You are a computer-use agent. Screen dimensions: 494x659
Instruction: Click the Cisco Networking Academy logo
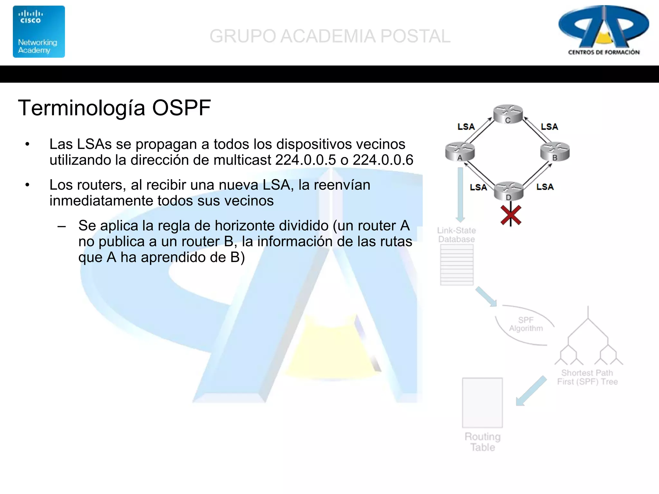coord(39,32)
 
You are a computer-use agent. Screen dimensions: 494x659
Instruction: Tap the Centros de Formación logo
coord(604,31)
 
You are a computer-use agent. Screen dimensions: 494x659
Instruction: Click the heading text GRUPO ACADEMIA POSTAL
coord(330,36)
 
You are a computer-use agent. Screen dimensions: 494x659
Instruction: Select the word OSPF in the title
coord(181,108)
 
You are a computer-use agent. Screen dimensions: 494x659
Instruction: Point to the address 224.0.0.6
coord(383,160)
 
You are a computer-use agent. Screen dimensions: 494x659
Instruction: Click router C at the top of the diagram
coord(508,114)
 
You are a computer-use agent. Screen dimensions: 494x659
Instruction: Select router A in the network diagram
coord(460,151)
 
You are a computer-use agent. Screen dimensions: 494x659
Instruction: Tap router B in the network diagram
coord(555,151)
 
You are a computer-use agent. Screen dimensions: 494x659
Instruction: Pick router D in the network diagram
coord(508,191)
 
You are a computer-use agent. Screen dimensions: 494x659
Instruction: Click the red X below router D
coord(511,215)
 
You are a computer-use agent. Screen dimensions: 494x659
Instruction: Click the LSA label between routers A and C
coord(466,127)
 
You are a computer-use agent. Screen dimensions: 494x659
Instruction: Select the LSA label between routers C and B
coord(549,127)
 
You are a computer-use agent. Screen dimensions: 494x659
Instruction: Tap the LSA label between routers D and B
coord(545,187)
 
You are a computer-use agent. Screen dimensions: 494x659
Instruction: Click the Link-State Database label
coord(456,235)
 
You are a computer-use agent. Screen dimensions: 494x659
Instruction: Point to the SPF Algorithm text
coord(526,324)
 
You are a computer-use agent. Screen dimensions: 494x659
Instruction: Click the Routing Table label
coord(483,442)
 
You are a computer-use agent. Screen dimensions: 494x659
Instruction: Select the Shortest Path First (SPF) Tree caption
coord(587,377)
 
